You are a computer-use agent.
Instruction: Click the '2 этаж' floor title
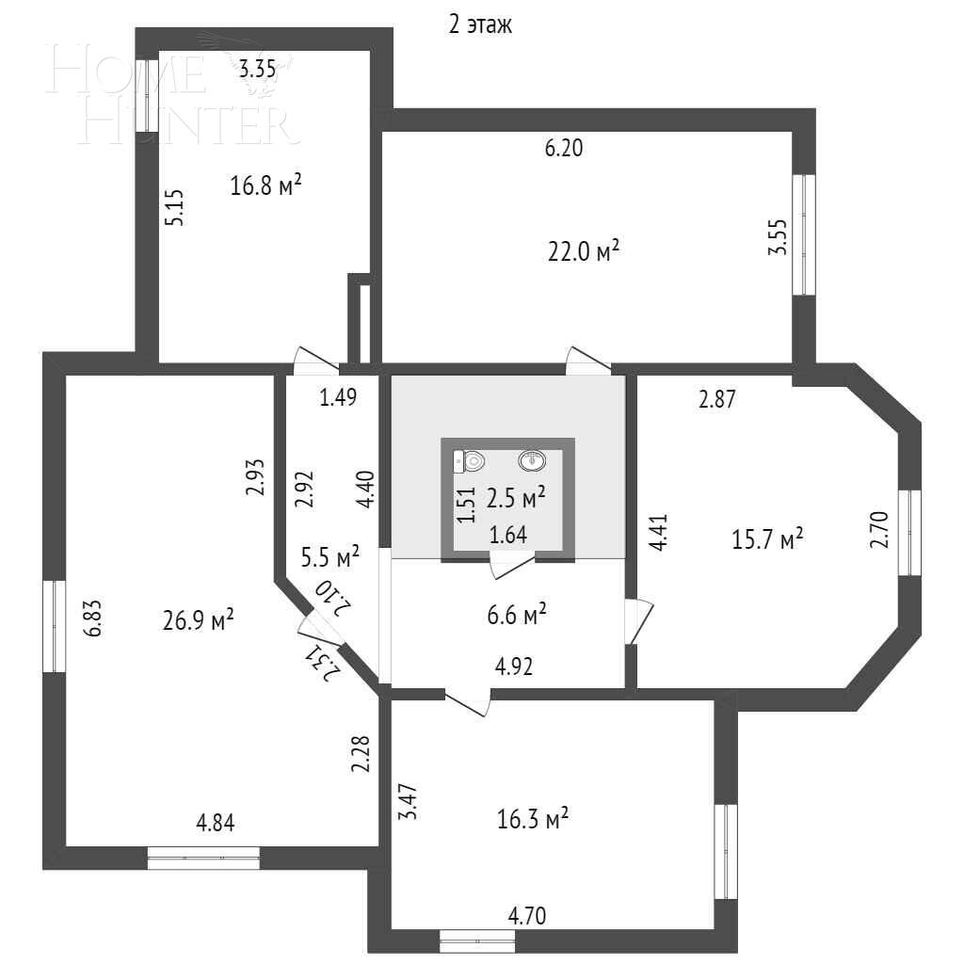pos(480,25)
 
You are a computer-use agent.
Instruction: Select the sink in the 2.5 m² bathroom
pos(532,459)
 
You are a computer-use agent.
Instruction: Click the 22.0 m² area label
pos(583,250)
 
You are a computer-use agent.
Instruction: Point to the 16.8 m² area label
pos(265,184)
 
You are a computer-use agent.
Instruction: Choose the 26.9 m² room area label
pos(198,619)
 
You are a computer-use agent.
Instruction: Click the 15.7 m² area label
pos(767,539)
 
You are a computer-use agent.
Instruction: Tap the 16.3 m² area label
pos(533,819)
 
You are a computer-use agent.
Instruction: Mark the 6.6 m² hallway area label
pos(517,614)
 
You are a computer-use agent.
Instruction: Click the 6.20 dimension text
pos(564,148)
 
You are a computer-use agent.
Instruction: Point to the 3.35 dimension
pos(258,68)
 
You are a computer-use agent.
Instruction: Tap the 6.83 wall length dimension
pos(93,619)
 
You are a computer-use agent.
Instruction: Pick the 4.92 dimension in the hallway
pos(514,667)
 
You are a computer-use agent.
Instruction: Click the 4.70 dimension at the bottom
pos(527,916)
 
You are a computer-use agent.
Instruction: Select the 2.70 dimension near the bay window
pos(879,529)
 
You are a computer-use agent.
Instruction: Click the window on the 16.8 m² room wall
pos(147,95)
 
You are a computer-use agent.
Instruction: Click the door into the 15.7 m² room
pos(638,621)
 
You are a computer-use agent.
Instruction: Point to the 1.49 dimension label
pos(338,397)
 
